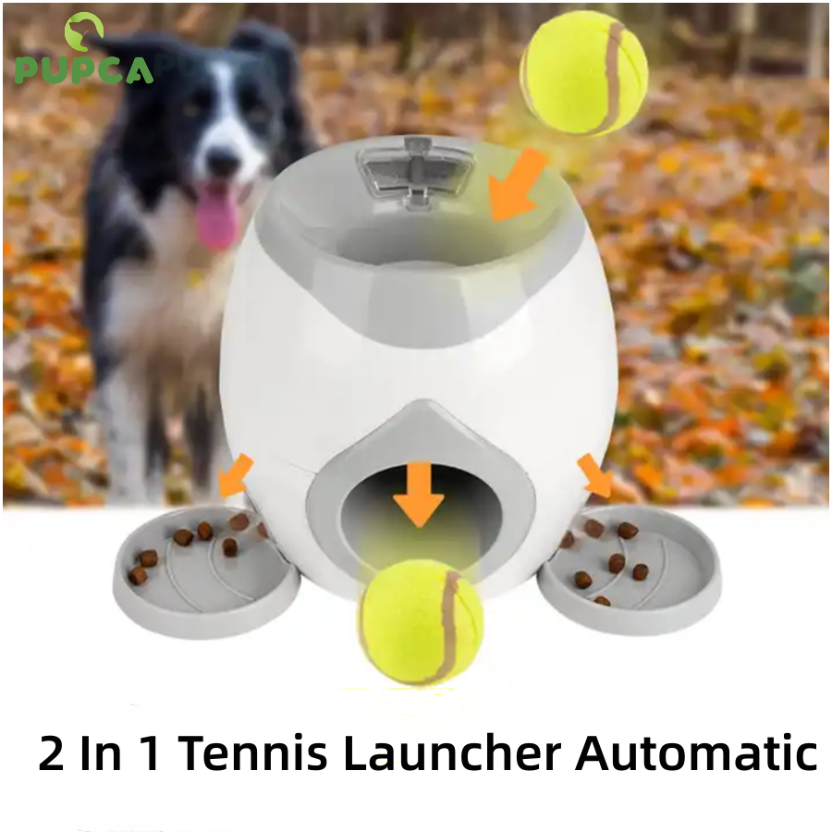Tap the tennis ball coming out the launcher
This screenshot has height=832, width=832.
coord(422,621)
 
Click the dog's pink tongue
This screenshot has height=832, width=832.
coord(218,214)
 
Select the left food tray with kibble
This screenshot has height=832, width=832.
coord(206,570)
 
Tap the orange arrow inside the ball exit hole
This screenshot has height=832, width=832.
coord(419,494)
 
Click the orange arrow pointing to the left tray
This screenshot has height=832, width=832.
coord(235,475)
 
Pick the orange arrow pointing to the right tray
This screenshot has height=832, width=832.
coord(594,475)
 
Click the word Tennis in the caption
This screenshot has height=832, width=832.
coord(252,752)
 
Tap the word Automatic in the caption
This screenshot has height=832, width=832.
coord(697,752)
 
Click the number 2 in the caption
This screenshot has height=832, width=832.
coord(52,752)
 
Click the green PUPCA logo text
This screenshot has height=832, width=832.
coord(84,71)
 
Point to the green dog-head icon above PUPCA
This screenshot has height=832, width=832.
coord(83,31)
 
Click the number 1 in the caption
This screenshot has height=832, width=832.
coord(150,752)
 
